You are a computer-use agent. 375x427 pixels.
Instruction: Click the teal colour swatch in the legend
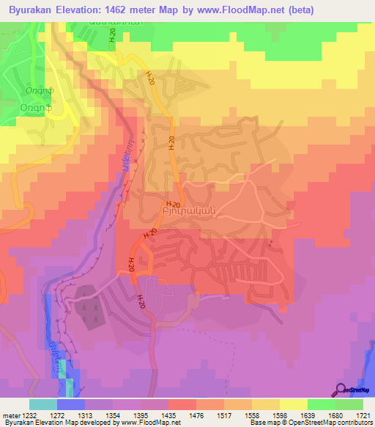pyautogui.click(x=42, y=404)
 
